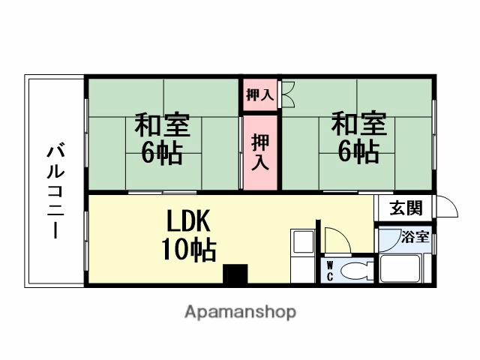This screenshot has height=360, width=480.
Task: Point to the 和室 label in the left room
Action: [163, 124]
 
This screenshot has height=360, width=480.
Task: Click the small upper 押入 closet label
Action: [259, 95]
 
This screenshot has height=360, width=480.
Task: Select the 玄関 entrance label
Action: [405, 207]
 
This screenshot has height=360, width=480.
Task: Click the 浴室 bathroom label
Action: [415, 238]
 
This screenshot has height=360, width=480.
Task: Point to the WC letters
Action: [329, 269]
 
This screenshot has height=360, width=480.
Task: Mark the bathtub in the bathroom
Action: [403, 268]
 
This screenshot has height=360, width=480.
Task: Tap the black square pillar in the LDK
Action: [236, 274]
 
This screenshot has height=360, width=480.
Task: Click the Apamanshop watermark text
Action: [241, 311]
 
